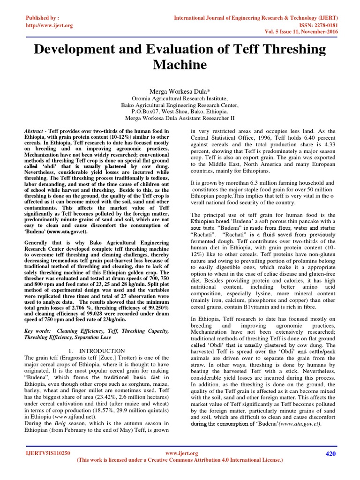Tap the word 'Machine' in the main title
tap(180, 65)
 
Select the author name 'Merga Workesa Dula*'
tap(180, 91)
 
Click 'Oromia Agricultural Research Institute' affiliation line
tap(180, 99)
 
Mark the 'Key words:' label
tap(37, 330)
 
